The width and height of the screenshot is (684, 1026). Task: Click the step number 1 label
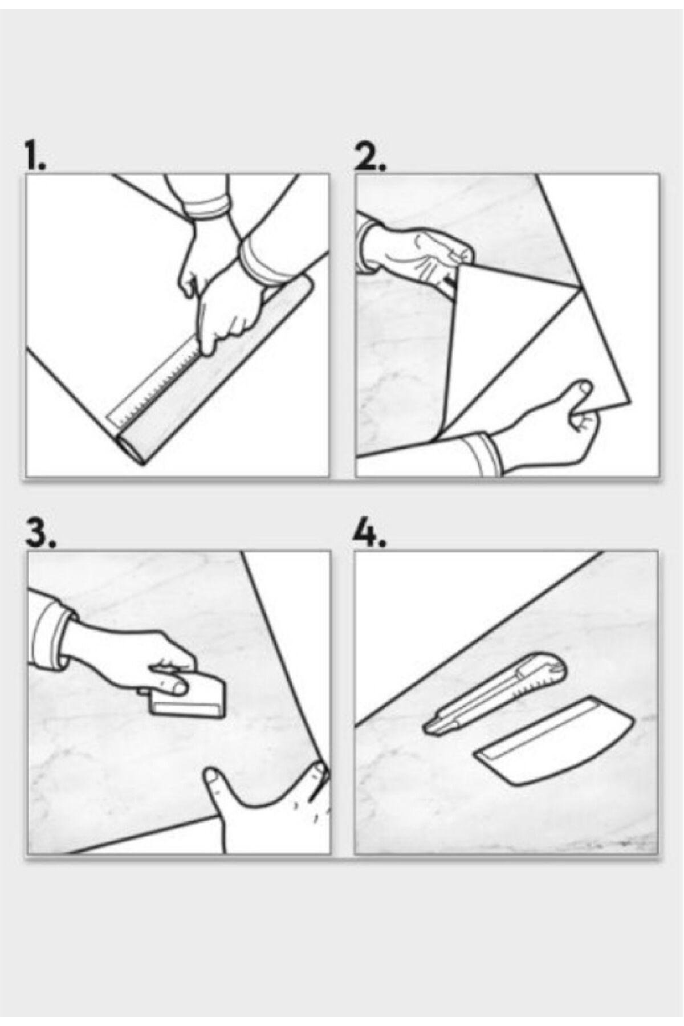click(35, 154)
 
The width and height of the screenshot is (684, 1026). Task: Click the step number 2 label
click(369, 154)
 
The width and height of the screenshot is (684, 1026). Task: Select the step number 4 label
click(369, 533)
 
